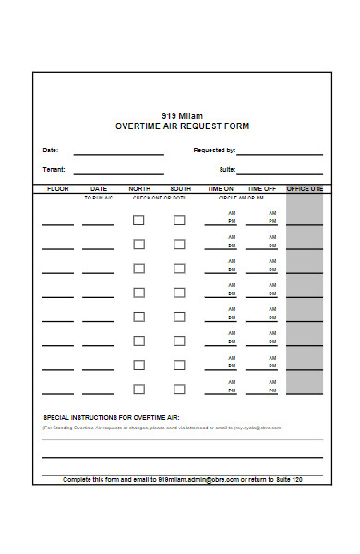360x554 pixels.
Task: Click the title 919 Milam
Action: (182, 115)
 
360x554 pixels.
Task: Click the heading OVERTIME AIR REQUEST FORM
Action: (182, 126)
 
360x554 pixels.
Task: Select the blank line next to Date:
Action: (118, 152)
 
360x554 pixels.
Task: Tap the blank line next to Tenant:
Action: (118, 172)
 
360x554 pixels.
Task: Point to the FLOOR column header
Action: (57, 188)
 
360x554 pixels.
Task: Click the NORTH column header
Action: (139, 188)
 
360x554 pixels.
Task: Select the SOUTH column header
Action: (180, 188)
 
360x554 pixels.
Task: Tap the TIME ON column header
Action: (221, 188)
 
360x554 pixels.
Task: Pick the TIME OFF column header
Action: (261, 188)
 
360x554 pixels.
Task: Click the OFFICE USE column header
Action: (305, 188)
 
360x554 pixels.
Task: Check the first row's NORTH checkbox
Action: (138, 221)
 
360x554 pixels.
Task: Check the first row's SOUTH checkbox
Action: (179, 221)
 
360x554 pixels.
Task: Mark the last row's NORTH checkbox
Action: (138, 389)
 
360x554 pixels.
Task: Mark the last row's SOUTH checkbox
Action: (179, 389)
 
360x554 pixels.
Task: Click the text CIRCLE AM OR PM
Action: (241, 198)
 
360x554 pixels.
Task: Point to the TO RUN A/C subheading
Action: (98, 198)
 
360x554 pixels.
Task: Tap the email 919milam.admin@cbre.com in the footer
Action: (198, 480)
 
